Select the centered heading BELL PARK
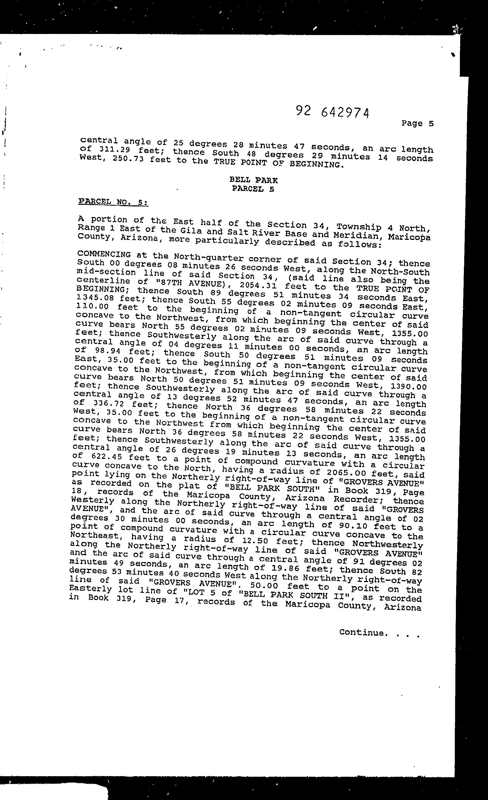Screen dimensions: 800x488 [253, 180]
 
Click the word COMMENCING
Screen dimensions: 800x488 [104, 255]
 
